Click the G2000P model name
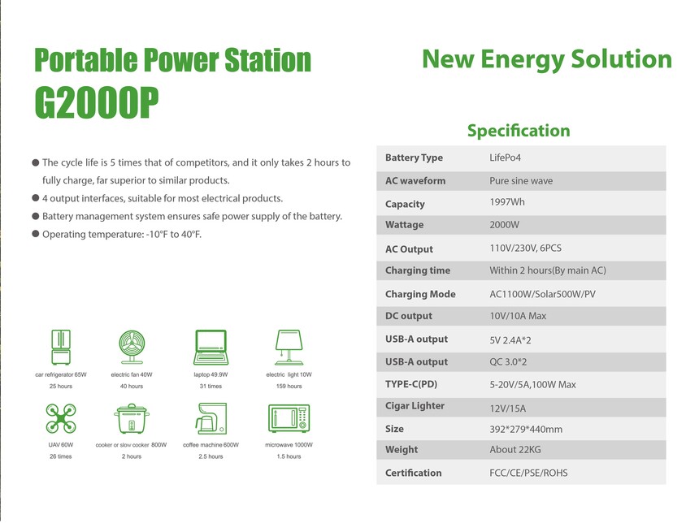tap(97, 102)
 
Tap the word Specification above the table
tap(519, 131)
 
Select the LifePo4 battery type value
tap(505, 158)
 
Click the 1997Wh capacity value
tap(507, 202)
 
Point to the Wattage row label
tap(404, 225)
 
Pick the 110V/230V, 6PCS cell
tap(526, 249)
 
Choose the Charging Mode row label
tap(420, 294)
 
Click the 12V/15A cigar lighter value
tap(508, 408)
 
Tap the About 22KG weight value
tap(515, 450)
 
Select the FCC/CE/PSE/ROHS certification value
tap(528, 473)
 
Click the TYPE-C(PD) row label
tap(411, 384)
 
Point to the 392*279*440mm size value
tap(526, 430)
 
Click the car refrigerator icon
tap(61, 348)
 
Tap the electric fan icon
tap(132, 348)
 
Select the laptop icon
tap(211, 348)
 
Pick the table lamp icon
tap(289, 348)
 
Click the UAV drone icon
tap(61, 419)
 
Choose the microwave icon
tap(289, 418)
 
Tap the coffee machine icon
tap(211, 419)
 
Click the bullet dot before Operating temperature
tap(36, 234)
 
